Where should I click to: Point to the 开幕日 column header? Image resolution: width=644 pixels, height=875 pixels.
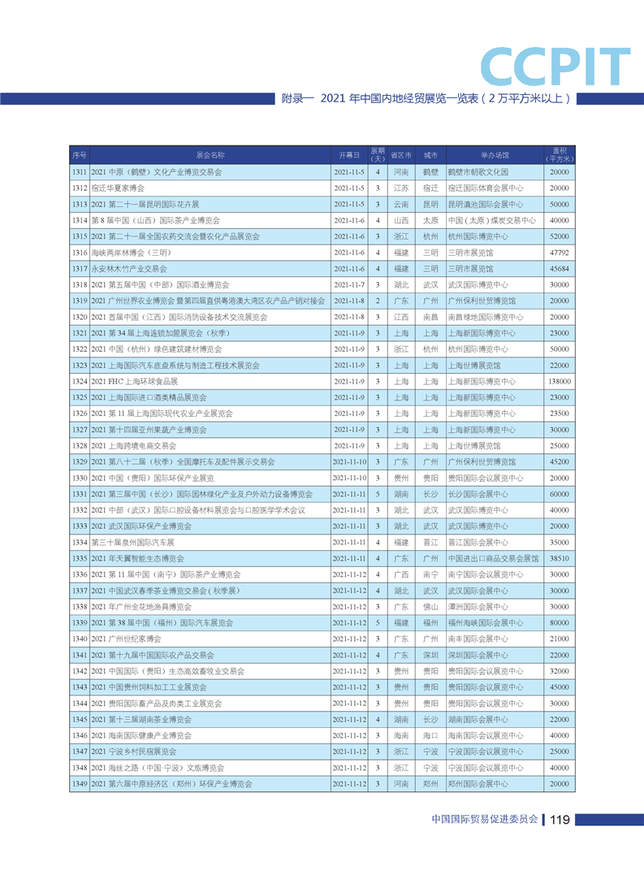[349, 154]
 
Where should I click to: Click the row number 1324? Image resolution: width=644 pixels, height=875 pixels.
[79, 381]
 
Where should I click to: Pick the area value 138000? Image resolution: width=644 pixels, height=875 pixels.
[559, 381]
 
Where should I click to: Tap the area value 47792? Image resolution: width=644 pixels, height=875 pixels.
[559, 253]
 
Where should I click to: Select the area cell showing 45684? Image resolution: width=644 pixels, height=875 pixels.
[559, 269]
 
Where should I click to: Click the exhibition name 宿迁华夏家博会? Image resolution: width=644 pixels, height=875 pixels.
[118, 188]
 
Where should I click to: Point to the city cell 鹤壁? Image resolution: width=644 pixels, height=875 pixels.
[430, 172]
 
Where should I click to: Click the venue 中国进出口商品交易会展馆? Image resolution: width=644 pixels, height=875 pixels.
[493, 558]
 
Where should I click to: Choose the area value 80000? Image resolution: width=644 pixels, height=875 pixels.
[559, 622]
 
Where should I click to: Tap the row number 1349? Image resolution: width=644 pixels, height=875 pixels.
[79, 784]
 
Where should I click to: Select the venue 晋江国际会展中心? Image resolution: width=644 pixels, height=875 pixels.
[478, 542]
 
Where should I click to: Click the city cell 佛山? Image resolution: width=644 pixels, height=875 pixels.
[430, 607]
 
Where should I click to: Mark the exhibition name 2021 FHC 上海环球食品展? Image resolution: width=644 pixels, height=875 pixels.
[134, 381]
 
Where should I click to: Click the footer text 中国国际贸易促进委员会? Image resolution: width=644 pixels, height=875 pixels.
[486, 820]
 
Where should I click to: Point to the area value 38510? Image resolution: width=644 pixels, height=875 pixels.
[559, 558]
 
